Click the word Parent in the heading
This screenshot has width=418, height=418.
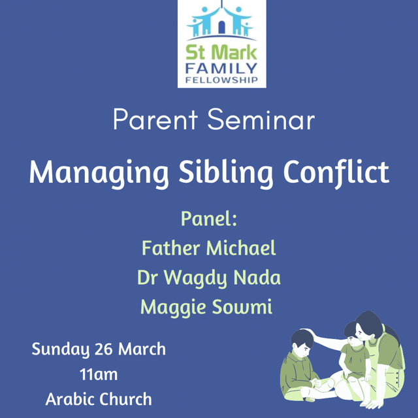click(155, 120)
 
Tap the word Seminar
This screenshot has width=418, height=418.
click(261, 120)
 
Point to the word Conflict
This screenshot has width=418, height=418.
click(336, 172)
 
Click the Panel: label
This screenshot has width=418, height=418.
click(209, 219)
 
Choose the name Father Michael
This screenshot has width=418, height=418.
click(209, 248)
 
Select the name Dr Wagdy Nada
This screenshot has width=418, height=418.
click(209, 278)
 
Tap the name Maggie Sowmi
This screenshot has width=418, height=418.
click(206, 308)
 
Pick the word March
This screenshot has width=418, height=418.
click(142, 349)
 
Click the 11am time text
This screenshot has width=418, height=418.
click(99, 374)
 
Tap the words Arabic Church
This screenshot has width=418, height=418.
click(99, 399)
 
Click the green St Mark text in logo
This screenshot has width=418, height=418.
click(221, 52)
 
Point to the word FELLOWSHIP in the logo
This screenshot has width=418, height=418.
click(221, 80)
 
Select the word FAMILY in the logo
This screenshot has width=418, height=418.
click(221, 69)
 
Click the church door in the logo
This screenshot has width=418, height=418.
click(221, 27)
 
